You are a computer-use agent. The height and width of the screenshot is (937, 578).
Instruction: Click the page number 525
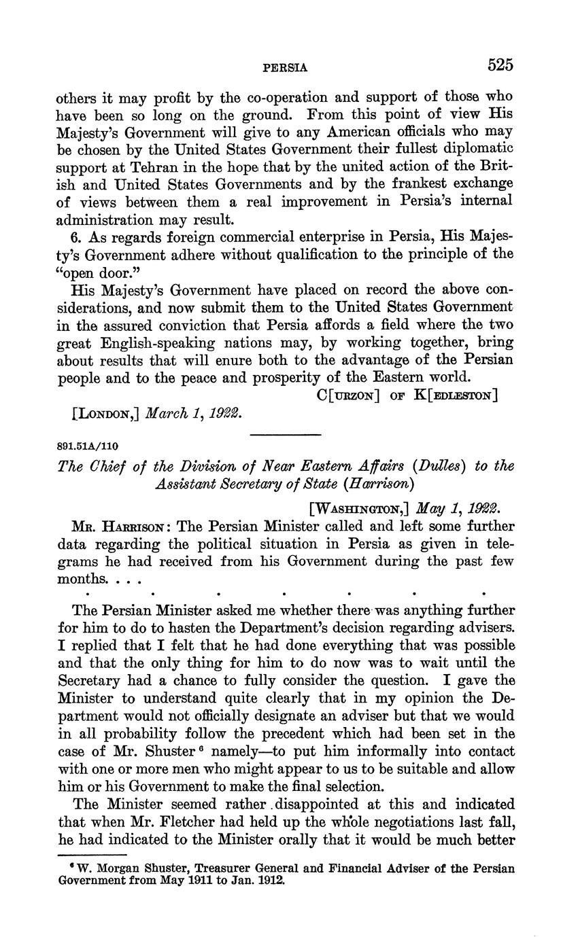point(499,65)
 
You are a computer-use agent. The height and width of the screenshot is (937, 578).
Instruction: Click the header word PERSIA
point(286,68)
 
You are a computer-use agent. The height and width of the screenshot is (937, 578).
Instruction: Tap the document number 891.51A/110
point(88,446)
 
